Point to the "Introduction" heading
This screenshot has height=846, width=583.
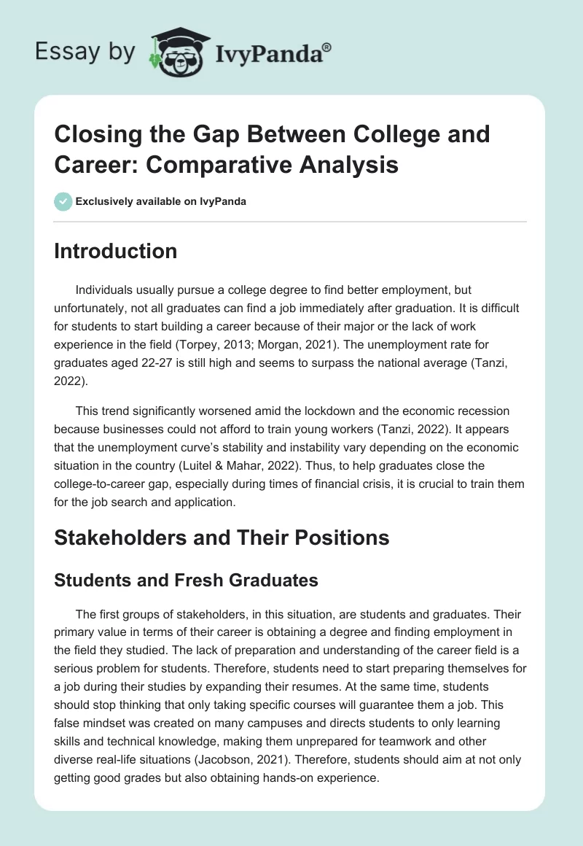click(x=116, y=251)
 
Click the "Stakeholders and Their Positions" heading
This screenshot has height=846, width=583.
click(x=222, y=538)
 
